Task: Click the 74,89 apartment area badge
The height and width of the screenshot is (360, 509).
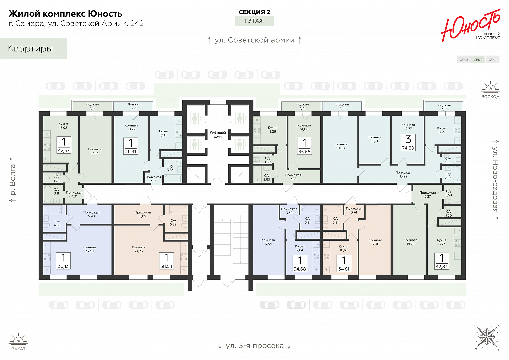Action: tap(408, 143)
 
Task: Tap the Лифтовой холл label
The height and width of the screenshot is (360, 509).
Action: tap(218, 134)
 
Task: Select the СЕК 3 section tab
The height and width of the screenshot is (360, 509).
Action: tap(464, 60)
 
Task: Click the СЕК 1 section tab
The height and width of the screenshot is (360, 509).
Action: tap(493, 60)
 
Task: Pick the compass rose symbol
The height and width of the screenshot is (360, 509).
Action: tap(487, 336)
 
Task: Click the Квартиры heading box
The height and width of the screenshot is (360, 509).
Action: tap(33, 48)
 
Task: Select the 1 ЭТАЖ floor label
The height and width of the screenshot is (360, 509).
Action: tap(254, 21)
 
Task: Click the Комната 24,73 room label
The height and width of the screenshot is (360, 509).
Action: tap(139, 249)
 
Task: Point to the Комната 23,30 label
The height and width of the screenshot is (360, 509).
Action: tap(89, 249)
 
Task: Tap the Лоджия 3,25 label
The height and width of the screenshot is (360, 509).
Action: tap(134, 106)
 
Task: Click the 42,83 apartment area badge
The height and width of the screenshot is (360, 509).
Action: tap(442, 261)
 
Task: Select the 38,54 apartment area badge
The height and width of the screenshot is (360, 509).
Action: tap(166, 261)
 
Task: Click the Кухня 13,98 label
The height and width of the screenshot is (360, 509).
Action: tap(63, 126)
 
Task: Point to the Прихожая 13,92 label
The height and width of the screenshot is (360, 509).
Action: tap(403, 174)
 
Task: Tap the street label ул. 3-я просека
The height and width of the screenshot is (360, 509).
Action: tap(255, 346)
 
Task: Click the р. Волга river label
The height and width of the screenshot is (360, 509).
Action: tap(13, 180)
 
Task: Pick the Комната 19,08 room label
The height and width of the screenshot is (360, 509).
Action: tap(340, 146)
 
